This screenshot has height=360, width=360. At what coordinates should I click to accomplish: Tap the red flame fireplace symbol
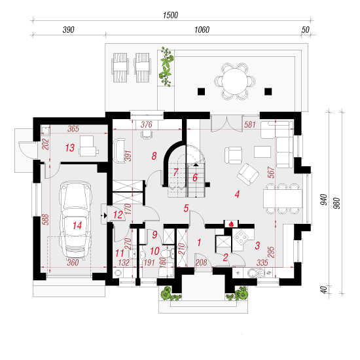pos(231,224)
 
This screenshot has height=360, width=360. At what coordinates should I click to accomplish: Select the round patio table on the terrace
pos(234,81)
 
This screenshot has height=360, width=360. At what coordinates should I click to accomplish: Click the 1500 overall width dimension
pos(171,15)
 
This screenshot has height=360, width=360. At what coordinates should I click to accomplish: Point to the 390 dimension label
pos(69,29)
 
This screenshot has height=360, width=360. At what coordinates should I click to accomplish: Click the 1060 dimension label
pos(202,29)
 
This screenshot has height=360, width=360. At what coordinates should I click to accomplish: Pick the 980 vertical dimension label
pos(336,203)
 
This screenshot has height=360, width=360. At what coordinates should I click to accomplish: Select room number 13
pos(70,148)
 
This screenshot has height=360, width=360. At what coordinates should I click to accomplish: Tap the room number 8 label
pos(154,156)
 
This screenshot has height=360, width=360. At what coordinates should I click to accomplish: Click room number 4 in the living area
pos(237,194)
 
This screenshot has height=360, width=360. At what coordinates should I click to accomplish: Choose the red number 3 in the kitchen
pos(257,245)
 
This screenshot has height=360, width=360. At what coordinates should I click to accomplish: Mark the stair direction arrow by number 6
pos(196,164)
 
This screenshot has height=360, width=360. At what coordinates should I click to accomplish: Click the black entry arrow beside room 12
pos(105,215)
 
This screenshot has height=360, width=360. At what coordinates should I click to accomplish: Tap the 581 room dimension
pos(250,124)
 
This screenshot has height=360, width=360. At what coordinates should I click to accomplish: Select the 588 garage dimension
pos(45,219)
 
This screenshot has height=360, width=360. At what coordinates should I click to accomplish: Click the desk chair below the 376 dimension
pos(147,134)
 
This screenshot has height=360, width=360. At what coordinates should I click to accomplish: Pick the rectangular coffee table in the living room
pos(262,152)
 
